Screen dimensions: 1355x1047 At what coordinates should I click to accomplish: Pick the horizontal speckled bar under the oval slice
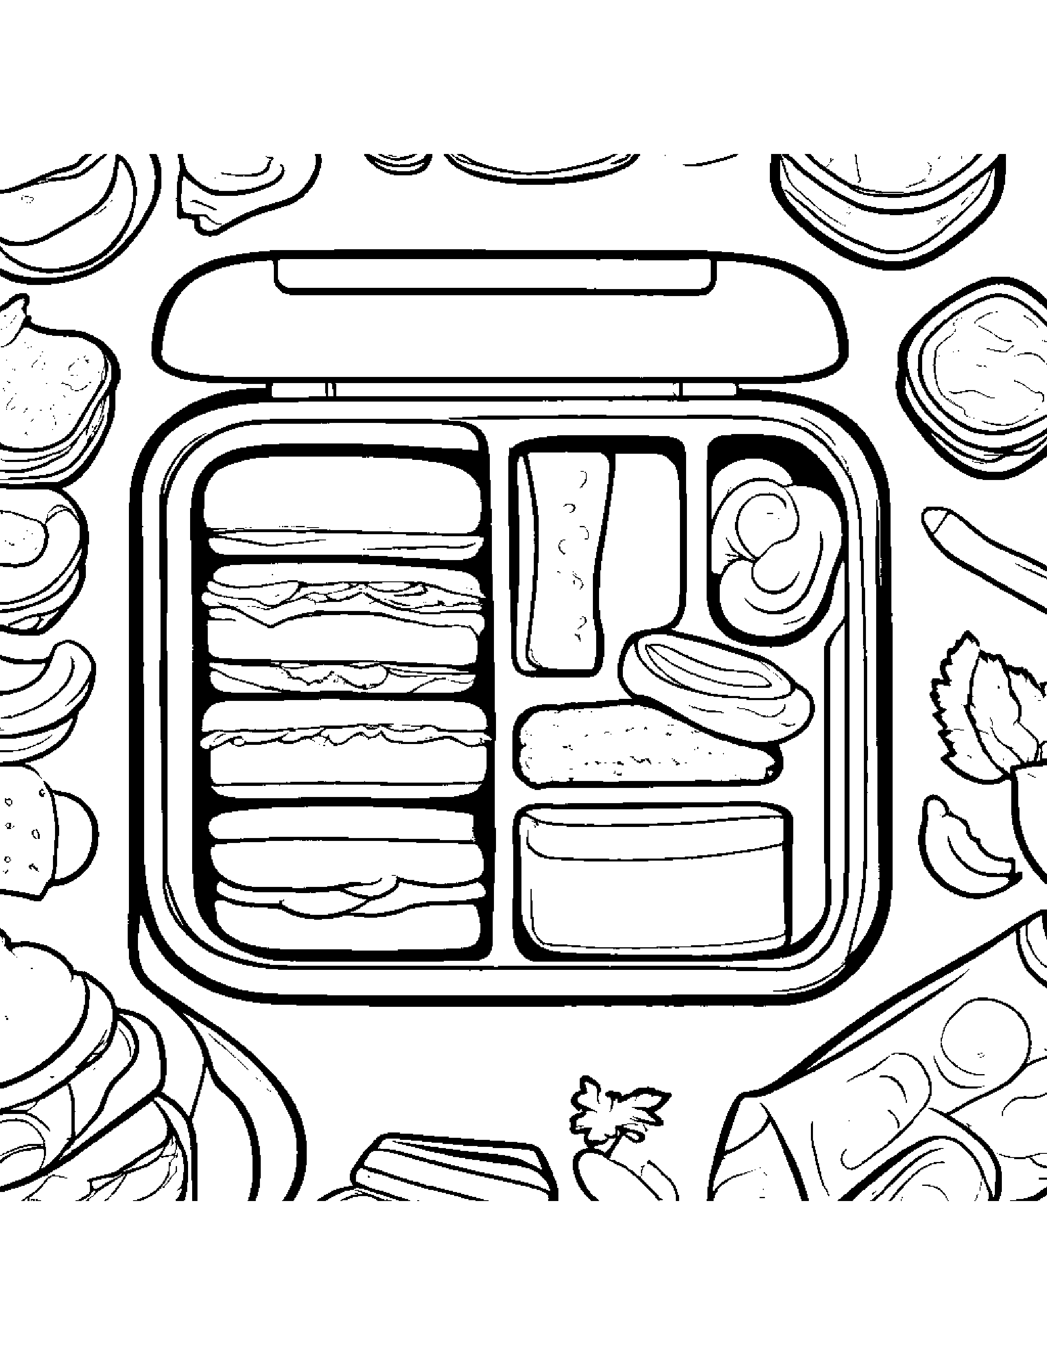tap(639, 744)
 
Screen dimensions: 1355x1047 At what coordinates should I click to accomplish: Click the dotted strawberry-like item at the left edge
tap(25, 831)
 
